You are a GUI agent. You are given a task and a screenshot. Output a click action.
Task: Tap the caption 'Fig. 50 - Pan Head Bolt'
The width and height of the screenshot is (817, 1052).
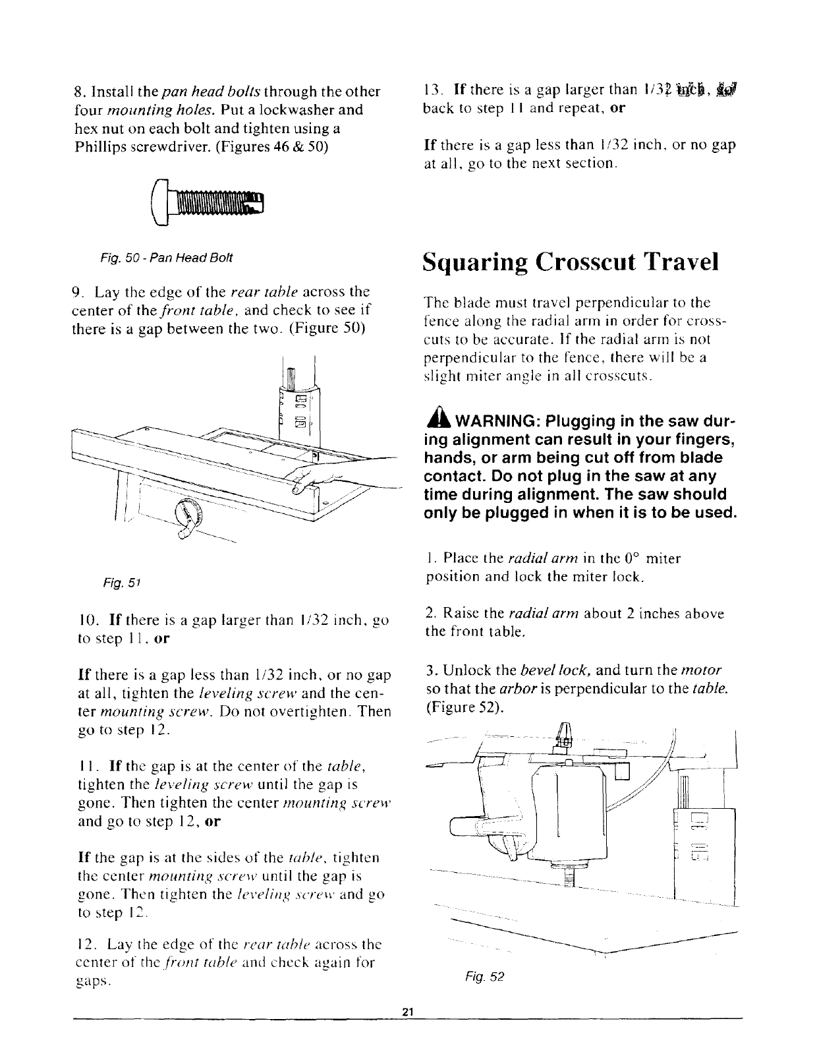pyautogui.click(x=165, y=256)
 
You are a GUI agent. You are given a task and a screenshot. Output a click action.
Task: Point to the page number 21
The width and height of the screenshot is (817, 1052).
pyautogui.click(x=407, y=1030)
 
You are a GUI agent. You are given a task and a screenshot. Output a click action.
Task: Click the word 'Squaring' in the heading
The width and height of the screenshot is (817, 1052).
pyautogui.click(x=475, y=262)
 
